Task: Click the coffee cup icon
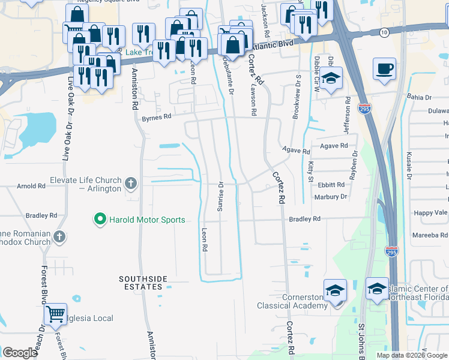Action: tap(384, 68)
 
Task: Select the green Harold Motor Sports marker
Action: tap(100, 220)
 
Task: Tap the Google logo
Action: tap(20, 353)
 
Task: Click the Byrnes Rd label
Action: tap(156, 118)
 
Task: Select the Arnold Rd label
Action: tap(31, 186)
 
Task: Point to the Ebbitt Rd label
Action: tap(331, 185)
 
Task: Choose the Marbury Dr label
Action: tap(330, 196)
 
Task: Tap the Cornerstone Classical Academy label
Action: tap(292, 301)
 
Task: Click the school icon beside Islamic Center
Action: tap(377, 289)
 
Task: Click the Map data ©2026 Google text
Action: tap(412, 355)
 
